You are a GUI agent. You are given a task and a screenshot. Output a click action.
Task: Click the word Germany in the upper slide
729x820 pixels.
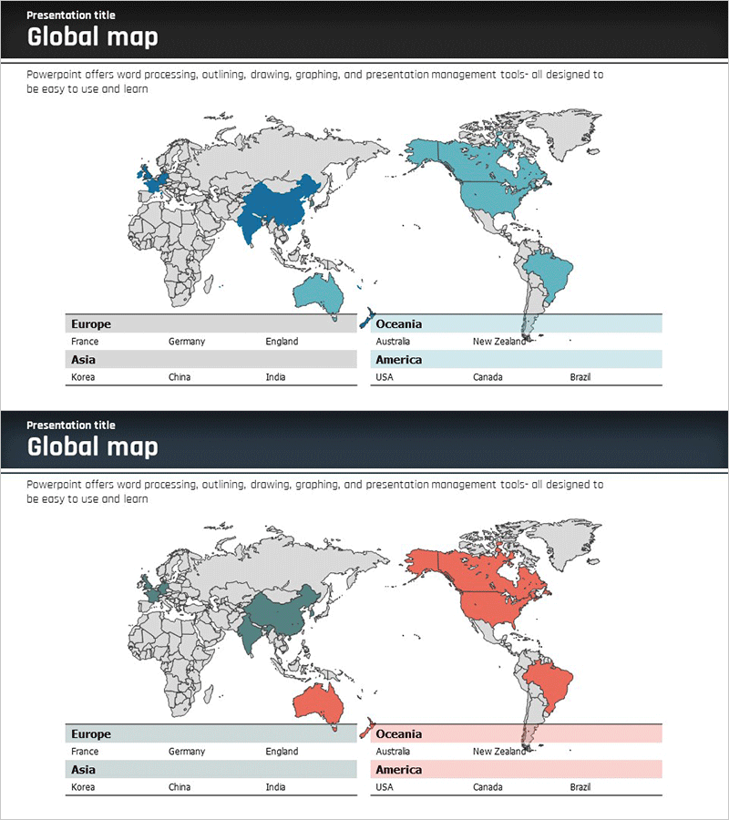(187, 342)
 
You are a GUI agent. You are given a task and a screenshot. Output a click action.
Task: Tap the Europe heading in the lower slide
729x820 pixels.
(91, 733)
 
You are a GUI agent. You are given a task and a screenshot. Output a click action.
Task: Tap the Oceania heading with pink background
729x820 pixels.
(399, 733)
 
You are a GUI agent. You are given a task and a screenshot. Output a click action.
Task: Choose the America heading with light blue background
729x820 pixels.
(398, 360)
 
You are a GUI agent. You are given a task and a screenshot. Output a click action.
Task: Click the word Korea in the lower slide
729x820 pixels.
(83, 787)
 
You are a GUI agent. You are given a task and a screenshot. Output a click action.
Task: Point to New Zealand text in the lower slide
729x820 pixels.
(499, 752)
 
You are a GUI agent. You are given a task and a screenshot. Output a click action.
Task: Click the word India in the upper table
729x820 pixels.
(275, 377)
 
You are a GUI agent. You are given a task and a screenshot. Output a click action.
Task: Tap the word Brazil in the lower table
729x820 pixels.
(580, 787)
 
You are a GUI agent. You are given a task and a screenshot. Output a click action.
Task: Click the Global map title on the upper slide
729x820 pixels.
(92, 37)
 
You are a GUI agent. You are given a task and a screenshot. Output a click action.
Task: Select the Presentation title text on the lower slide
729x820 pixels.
(71, 425)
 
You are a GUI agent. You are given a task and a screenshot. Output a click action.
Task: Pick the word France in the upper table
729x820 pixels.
(85, 342)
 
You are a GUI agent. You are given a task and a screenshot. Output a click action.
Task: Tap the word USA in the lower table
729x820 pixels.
(385, 787)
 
